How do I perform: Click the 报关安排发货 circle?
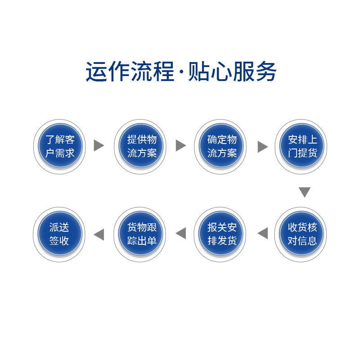pos(221,234)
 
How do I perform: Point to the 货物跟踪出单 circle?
pos(141,234)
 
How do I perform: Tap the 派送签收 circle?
pos(60,234)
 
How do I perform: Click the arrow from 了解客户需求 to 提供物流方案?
pos(99,145)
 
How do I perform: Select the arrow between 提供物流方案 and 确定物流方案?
pos(180,145)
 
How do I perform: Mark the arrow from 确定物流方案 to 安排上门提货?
pos(262,147)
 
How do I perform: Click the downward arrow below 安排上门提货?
pos(305,192)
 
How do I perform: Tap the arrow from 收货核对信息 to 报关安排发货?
pos(263,233)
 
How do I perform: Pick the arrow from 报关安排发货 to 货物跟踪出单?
pos(181,233)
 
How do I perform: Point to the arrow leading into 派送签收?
pos(99,234)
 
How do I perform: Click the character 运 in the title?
pos(96,72)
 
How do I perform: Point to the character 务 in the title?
pos(266,72)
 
